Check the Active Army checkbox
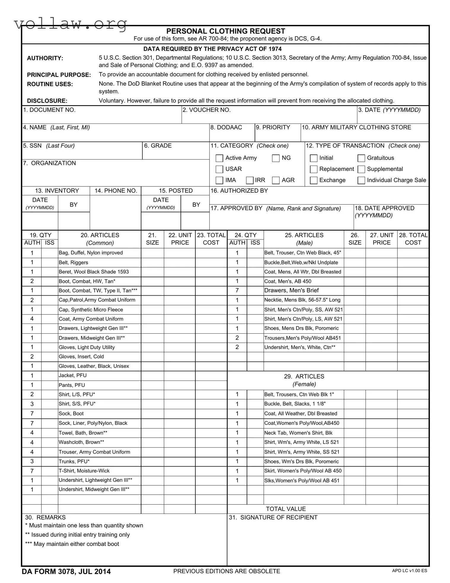(x=219, y=158)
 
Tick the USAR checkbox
(x=219, y=169)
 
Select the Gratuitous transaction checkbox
(x=361, y=158)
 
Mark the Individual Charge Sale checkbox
(x=361, y=180)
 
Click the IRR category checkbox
(x=250, y=180)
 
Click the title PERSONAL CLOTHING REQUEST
(x=226, y=31)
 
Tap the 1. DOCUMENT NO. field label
(x=50, y=110)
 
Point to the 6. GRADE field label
(x=158, y=146)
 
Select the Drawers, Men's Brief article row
(x=291, y=291)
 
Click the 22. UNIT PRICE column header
(x=180, y=239)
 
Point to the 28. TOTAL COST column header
(x=413, y=239)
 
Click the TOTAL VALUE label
(x=286, y=509)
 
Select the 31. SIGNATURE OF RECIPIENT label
(x=273, y=518)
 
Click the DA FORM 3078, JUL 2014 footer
(x=66, y=571)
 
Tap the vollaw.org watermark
(x=71, y=24)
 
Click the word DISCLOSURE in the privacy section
(x=47, y=101)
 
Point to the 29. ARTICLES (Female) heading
(x=304, y=380)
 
